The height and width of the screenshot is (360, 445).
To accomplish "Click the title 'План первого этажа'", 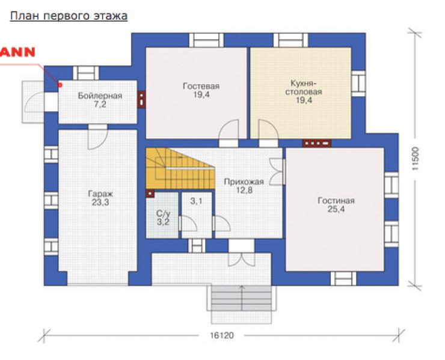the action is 69,16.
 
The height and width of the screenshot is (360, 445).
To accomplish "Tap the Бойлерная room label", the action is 100,96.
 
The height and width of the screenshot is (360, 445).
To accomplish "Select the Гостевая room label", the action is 201,86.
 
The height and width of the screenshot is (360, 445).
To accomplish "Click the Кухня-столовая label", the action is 304,88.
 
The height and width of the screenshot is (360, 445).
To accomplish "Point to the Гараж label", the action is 100,194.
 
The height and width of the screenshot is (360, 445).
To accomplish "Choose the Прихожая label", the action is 244,182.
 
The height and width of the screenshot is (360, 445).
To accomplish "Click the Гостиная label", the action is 336,201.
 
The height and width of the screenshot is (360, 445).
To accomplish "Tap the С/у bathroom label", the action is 163,213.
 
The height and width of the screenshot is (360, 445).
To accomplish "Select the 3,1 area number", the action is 196,201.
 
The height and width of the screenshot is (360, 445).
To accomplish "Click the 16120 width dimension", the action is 222,335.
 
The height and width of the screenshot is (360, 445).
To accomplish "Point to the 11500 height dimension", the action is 415,158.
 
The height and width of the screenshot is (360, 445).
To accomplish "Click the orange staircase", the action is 180,168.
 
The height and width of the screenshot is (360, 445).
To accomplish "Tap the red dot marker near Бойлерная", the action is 60,85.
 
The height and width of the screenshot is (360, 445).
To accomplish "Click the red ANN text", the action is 17,52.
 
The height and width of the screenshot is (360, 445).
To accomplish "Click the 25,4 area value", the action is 336,209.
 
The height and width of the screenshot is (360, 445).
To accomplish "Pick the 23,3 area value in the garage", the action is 100,203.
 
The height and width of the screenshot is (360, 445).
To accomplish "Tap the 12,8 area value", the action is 244,190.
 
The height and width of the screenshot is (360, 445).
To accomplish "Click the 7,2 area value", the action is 100,104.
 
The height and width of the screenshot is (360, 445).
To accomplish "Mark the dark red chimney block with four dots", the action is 317,143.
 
